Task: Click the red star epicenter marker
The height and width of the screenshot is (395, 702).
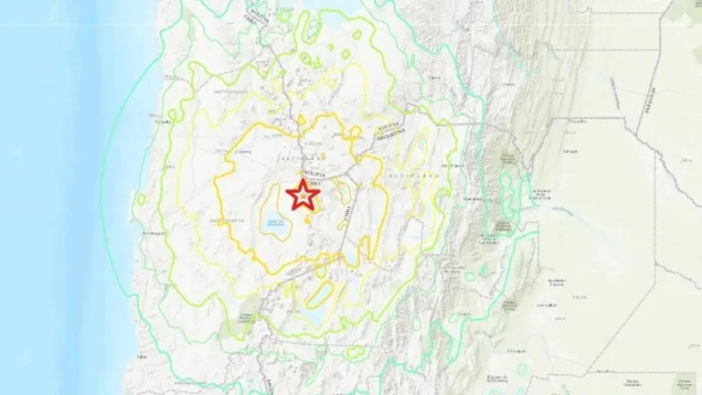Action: pos(302,196)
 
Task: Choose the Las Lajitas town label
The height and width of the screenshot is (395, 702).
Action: pos(548,305)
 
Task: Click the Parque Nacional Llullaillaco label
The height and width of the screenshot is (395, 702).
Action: pos(244,316)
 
